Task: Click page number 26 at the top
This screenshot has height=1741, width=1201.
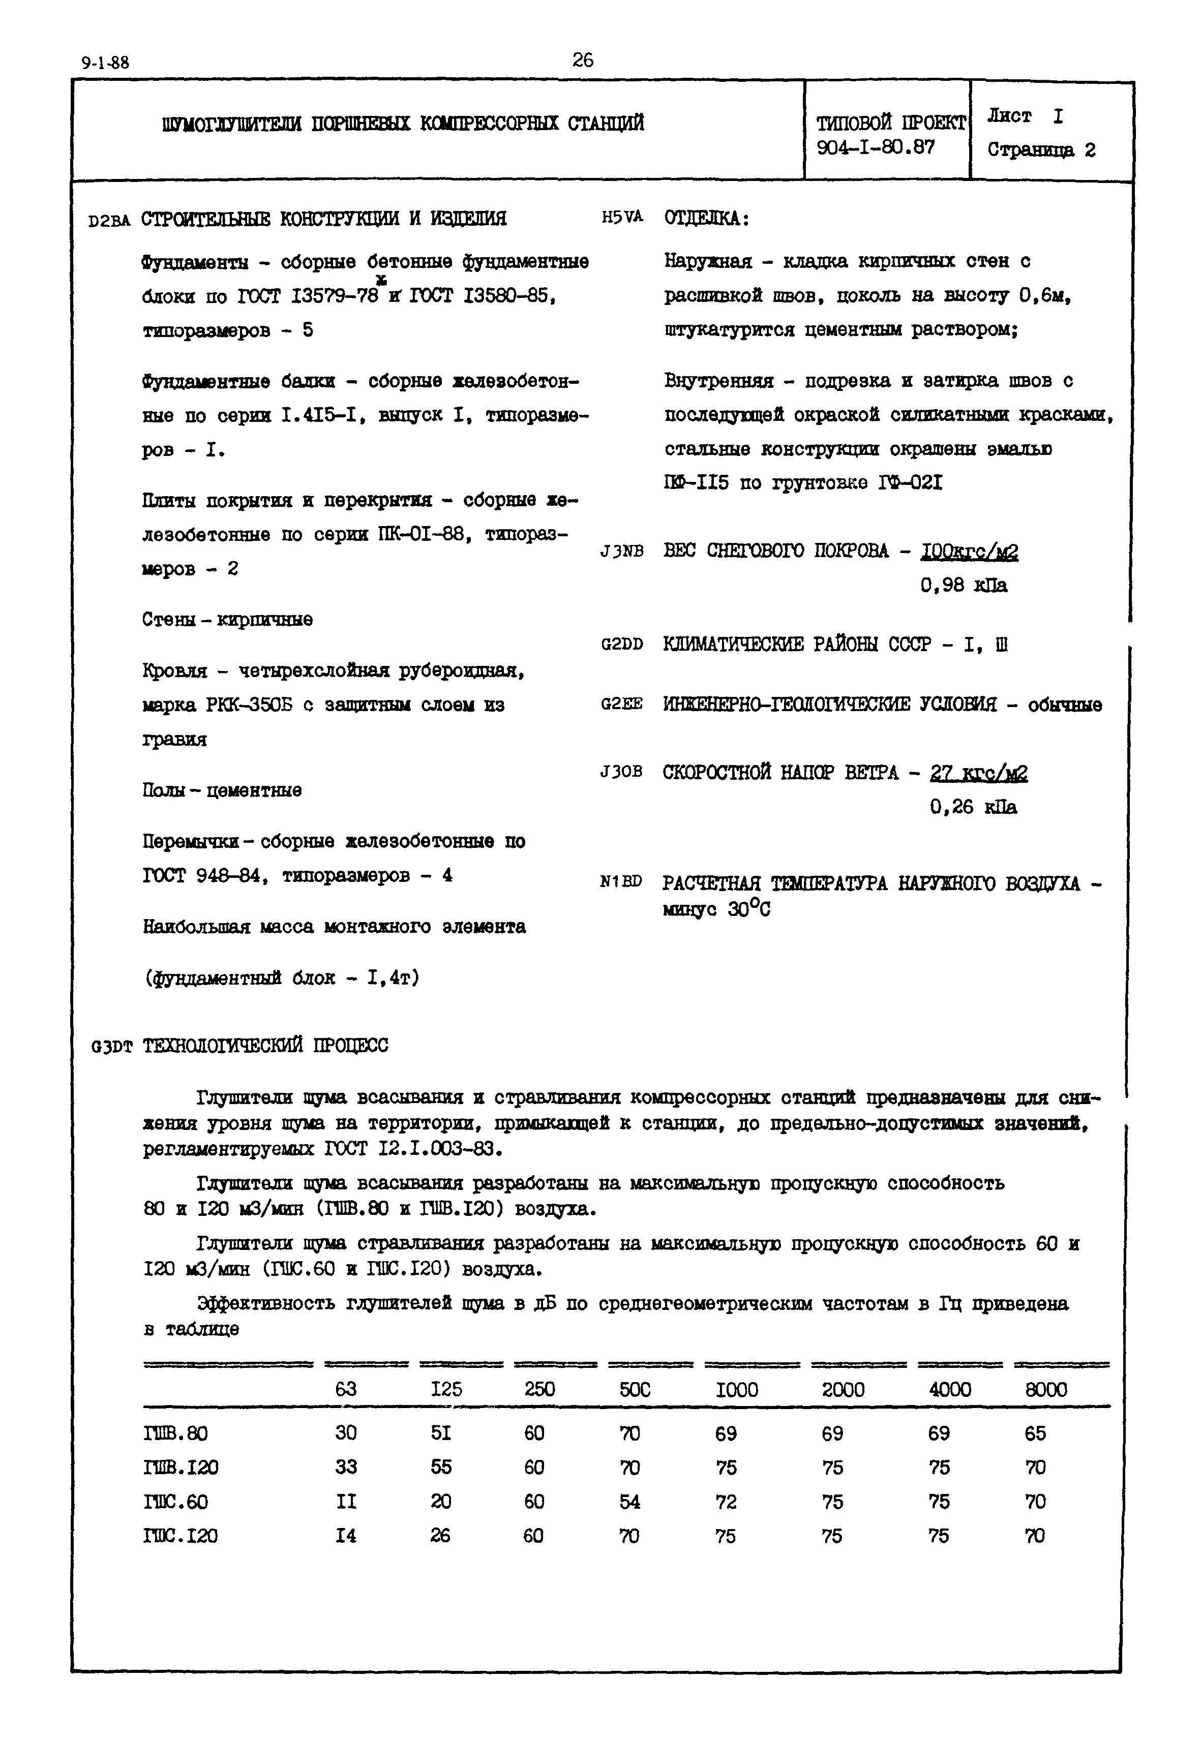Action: [582, 60]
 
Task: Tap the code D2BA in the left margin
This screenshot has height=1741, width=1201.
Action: [108, 221]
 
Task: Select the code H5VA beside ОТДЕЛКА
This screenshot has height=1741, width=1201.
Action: [622, 218]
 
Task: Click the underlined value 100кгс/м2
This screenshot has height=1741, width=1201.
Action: [969, 553]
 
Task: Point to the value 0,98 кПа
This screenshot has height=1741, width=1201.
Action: [963, 586]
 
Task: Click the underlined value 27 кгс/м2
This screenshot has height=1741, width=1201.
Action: [978, 774]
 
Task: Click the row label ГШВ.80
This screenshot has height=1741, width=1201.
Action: [174, 1434]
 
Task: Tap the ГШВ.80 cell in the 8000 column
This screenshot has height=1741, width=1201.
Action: [1035, 1434]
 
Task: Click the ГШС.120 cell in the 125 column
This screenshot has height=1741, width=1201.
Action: [440, 1536]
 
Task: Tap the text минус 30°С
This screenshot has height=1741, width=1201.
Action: [716, 910]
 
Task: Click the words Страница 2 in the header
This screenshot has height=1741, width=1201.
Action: [1041, 150]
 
